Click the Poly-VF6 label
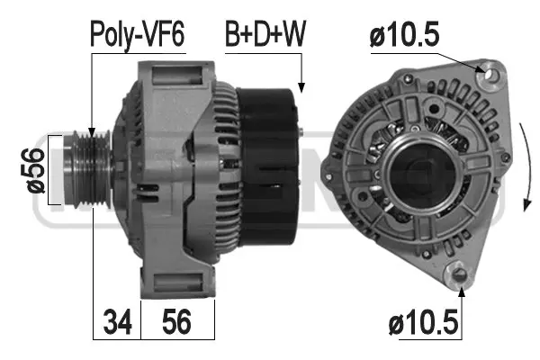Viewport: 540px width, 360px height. point(137,35)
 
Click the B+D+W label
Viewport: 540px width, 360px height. point(265,35)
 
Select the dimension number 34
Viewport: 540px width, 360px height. point(116,320)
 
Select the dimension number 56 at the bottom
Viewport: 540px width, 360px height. point(177,320)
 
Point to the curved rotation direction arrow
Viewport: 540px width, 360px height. point(524,171)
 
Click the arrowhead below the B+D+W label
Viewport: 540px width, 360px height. point(301,88)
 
